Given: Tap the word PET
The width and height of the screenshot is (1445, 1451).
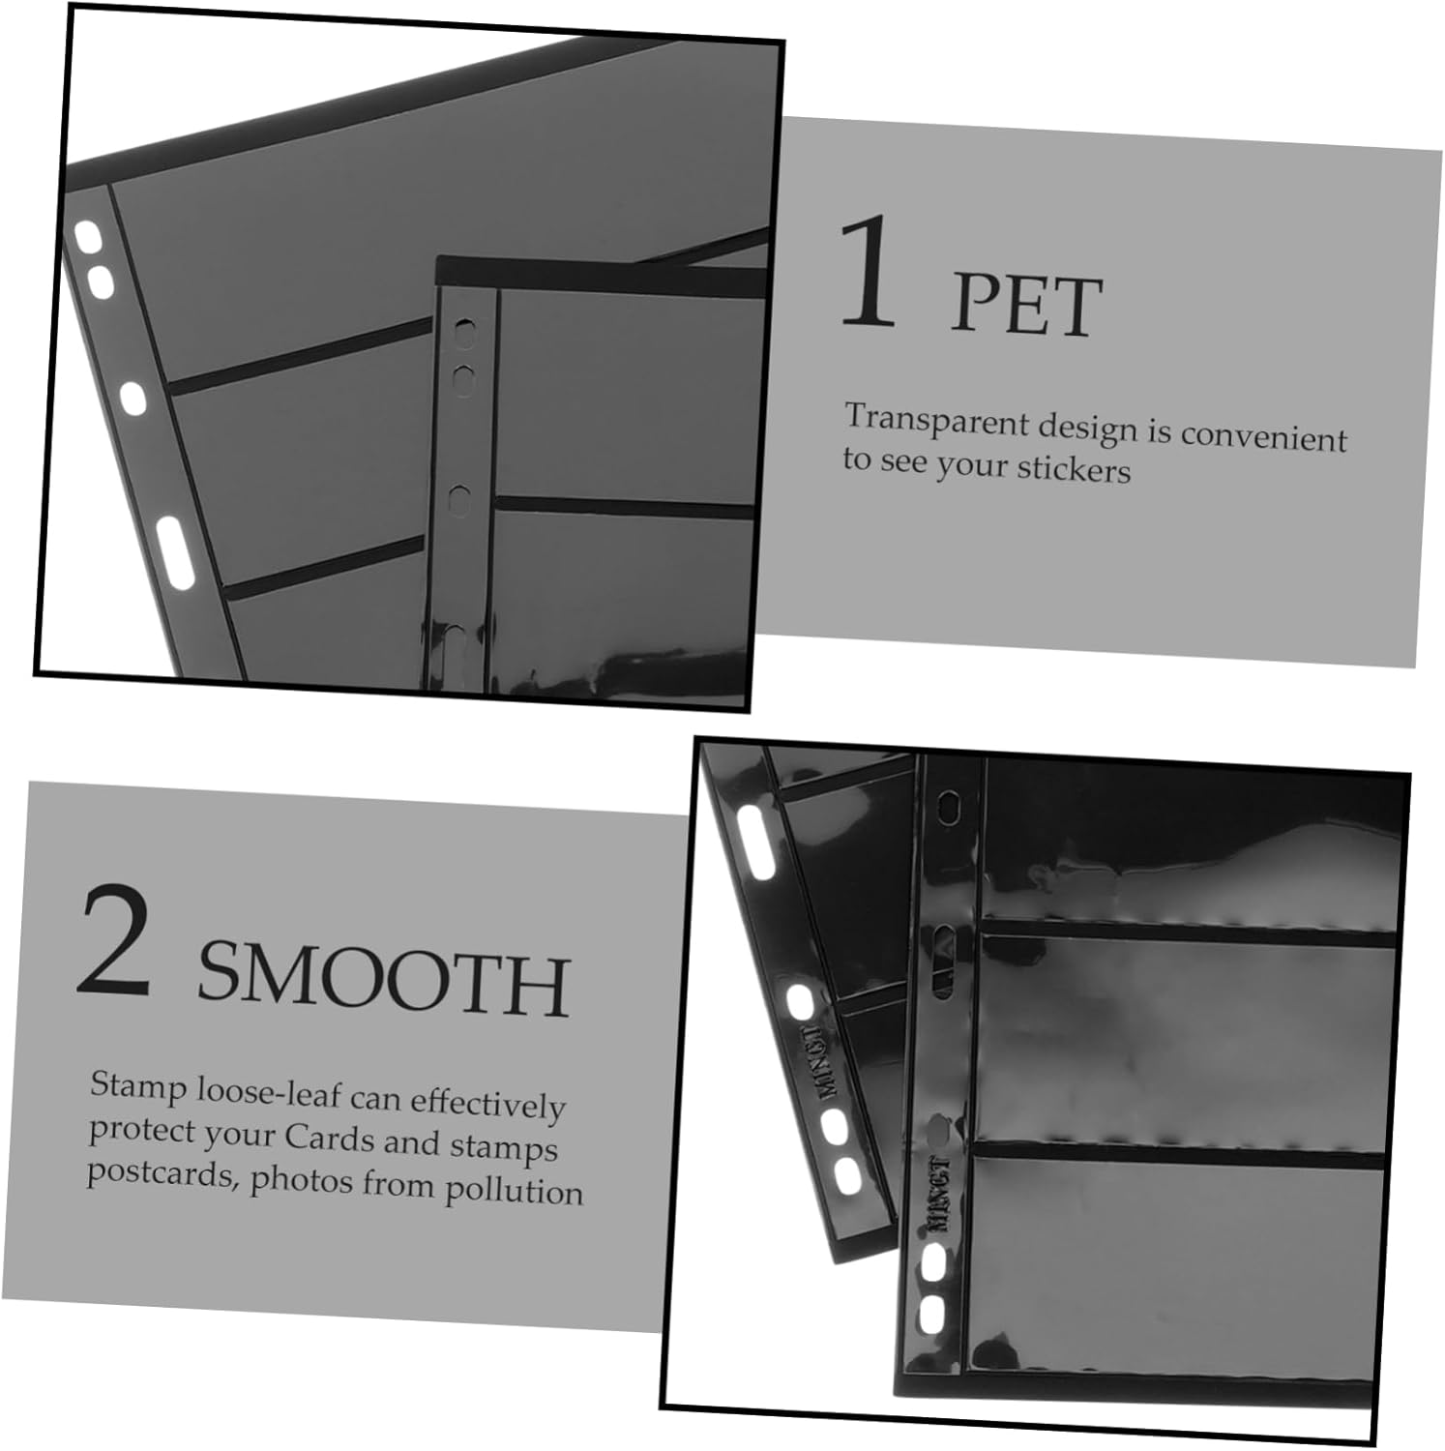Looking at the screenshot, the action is click(1026, 305).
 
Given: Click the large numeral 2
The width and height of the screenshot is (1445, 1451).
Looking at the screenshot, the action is click(115, 938).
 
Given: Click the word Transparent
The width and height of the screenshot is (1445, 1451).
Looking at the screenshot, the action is click(935, 421).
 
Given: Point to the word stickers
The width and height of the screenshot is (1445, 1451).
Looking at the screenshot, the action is click(1073, 469).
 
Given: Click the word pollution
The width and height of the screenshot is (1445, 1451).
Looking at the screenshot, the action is click(514, 1190).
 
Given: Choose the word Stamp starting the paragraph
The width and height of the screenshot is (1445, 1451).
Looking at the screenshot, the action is click(139, 1086).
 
